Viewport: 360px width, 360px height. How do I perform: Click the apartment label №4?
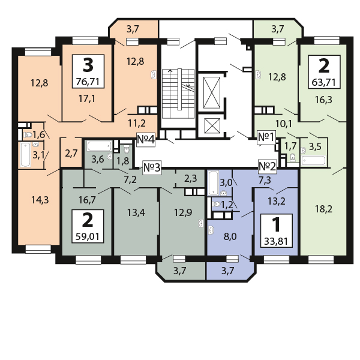(146, 139)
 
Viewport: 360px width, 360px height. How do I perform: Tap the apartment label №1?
(266, 137)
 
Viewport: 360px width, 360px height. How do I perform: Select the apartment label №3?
(152, 167)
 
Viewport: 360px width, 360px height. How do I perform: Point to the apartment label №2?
(267, 166)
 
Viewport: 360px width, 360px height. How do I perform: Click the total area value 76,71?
(88, 82)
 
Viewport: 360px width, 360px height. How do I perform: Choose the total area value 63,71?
(324, 82)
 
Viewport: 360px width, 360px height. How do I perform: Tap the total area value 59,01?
(88, 236)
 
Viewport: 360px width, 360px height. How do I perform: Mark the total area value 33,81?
(276, 241)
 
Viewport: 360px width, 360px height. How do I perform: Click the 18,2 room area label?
(323, 209)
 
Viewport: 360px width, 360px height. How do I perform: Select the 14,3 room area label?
(40, 200)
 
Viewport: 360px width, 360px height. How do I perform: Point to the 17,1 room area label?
(87, 99)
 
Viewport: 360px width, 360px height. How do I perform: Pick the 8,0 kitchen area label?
(230, 236)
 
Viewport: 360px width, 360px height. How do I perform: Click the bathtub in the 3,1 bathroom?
(25, 155)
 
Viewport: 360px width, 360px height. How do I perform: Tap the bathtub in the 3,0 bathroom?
(213, 183)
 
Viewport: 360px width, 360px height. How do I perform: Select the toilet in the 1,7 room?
(293, 157)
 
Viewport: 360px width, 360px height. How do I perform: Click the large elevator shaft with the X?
(212, 92)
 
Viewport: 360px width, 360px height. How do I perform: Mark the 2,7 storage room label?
(71, 153)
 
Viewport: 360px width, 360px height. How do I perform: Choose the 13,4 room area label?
(136, 212)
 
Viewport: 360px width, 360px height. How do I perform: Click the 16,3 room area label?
(323, 100)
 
